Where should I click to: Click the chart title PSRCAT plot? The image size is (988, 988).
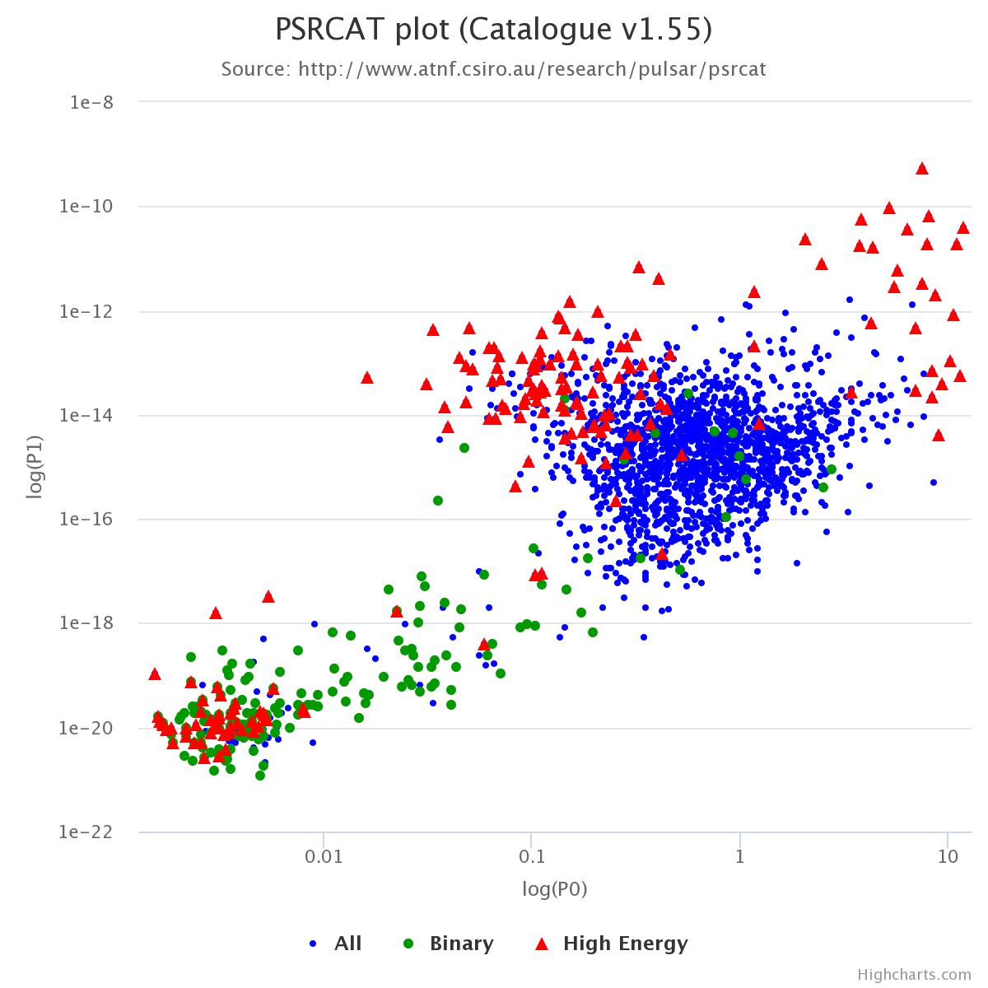coord(493,30)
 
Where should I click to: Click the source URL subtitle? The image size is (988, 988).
coord(493,69)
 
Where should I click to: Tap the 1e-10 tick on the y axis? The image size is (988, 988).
coord(88,207)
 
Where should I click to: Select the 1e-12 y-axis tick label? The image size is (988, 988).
coord(88,311)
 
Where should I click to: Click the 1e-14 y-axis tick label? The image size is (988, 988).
coord(88,416)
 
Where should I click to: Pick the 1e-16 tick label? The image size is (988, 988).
coord(88,520)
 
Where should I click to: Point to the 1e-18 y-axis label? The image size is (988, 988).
coord(88,624)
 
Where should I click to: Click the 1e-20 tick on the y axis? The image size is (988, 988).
coord(88,729)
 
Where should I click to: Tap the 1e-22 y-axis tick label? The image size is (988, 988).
coord(88,832)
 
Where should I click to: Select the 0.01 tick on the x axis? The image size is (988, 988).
coord(324,857)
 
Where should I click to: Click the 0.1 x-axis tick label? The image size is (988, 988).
coord(532,857)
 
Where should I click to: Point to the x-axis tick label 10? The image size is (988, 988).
coord(948,857)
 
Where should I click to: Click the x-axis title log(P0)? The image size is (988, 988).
coord(555,889)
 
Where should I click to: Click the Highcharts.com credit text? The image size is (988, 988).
coord(914,975)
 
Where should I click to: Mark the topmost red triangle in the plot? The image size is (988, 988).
coord(922,169)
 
